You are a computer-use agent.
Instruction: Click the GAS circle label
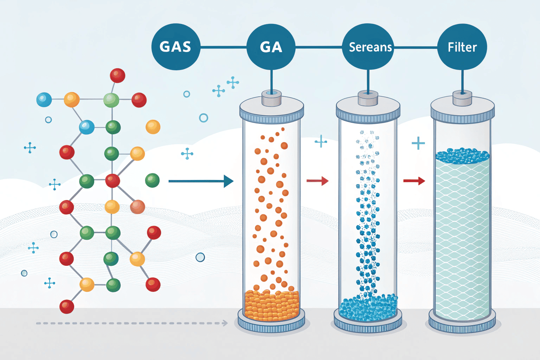point(175,47)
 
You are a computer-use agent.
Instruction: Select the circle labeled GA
point(271,47)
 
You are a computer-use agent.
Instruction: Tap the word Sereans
point(370,47)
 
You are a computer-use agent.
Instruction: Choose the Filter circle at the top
point(462,47)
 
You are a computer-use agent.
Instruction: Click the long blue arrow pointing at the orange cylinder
point(201,181)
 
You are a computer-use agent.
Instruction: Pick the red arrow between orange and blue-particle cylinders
point(317,181)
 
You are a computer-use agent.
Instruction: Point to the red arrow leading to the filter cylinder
point(414,181)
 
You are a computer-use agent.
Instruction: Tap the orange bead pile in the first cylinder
point(271,305)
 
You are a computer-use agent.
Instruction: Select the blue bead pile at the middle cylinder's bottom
point(368,308)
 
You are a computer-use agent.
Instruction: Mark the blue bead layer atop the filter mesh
point(462,156)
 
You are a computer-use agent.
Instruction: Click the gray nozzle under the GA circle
point(271,98)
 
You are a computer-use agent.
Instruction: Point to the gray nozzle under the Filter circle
point(462,98)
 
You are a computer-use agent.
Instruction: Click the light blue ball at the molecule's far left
point(44,100)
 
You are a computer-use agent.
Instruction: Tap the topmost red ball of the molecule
point(117,76)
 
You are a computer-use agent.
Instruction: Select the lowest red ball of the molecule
point(67,307)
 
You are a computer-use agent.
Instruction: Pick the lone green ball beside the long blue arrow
point(152,180)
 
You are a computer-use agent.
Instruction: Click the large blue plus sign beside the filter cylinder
point(418,143)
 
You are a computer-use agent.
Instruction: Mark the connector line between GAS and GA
point(223,47)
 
